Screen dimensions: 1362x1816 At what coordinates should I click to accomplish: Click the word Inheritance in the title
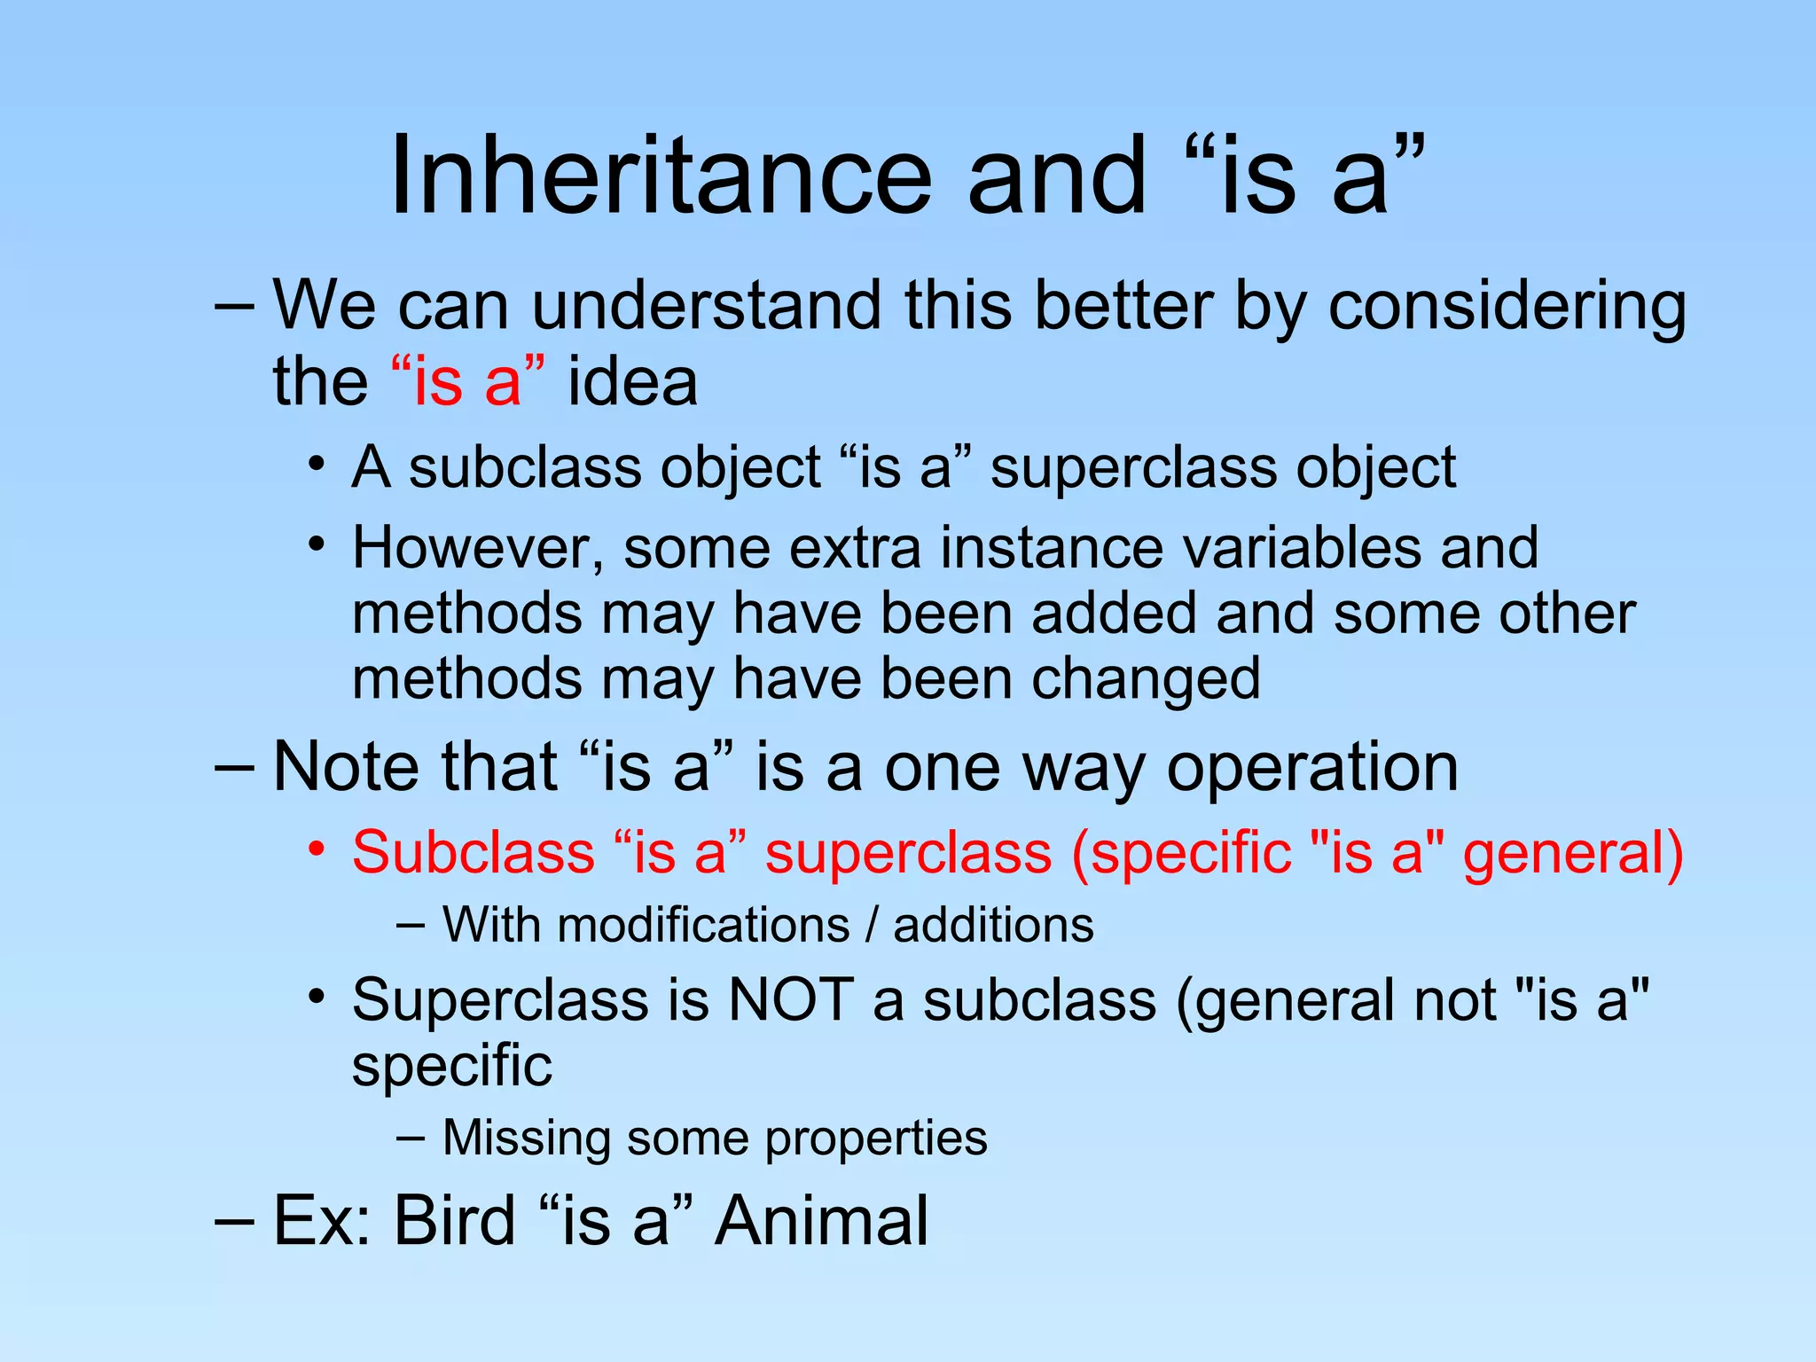[x=661, y=175]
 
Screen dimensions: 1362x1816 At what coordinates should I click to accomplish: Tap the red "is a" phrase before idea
[x=468, y=382]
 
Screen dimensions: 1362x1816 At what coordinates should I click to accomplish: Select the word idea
[x=632, y=382]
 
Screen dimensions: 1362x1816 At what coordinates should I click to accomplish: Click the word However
[x=477, y=549]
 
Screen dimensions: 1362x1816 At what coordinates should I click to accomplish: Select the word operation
[x=1311, y=768]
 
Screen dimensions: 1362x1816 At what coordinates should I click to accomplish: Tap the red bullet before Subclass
[x=317, y=849]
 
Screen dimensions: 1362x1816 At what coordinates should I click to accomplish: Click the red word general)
[x=1573, y=853]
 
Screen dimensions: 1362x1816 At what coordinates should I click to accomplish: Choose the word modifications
[x=704, y=926]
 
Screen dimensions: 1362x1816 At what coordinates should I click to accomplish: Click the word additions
[x=993, y=926]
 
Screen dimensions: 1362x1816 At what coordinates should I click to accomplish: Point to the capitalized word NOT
[x=790, y=1000]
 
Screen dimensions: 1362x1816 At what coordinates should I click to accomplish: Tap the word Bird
[x=454, y=1221]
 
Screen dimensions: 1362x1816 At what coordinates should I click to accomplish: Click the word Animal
[x=821, y=1221]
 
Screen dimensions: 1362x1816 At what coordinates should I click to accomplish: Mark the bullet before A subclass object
[x=317, y=465]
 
